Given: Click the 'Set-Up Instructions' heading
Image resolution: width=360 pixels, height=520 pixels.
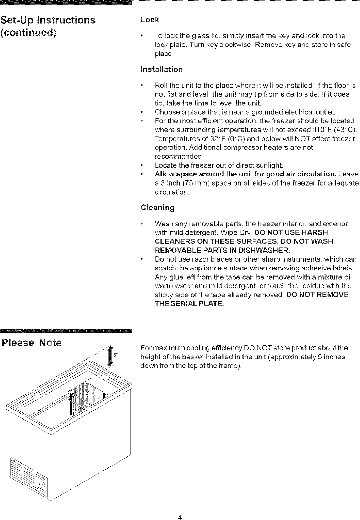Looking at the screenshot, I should [48, 20].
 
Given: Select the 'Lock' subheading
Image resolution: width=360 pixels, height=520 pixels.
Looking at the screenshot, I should [149, 20].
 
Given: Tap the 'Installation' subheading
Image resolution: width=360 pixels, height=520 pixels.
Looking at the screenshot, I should [162, 69].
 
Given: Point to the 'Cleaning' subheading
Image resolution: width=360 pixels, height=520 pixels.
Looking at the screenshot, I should [158, 208].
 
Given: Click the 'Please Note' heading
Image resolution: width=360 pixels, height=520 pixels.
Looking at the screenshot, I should [32, 343].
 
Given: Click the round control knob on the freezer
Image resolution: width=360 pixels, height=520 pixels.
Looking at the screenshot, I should [42, 485].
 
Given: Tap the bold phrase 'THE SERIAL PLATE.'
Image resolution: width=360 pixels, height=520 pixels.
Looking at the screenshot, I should [189, 304].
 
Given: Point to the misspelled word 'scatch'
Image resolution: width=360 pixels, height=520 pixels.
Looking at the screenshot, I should [164, 268].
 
